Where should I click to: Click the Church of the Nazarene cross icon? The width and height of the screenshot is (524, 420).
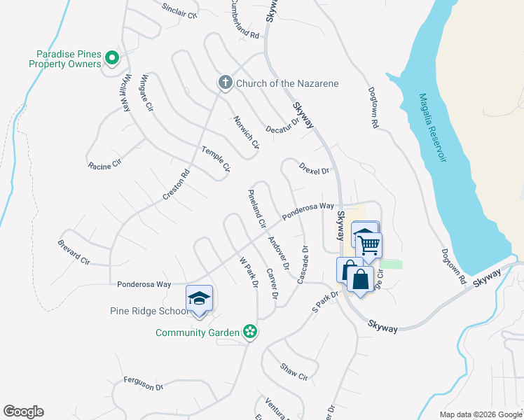pyautogui.click(x=226, y=83)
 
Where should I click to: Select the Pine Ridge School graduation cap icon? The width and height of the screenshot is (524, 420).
pyautogui.click(x=199, y=299)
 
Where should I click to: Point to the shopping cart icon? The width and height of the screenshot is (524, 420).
pyautogui.click(x=368, y=246)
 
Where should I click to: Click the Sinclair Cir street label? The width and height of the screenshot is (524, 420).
pyautogui.click(x=179, y=10)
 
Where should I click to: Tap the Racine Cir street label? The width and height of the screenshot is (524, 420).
pyautogui.click(x=104, y=166)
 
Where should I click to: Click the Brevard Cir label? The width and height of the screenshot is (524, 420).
pyautogui.click(x=74, y=252)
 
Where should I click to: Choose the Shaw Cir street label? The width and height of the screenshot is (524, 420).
pyautogui.click(x=294, y=372)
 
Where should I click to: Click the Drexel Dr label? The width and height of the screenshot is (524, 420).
pyautogui.click(x=314, y=169)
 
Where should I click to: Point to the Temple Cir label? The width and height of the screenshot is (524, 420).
pyautogui.click(x=216, y=159)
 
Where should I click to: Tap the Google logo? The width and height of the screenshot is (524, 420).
pyautogui.click(x=23, y=412)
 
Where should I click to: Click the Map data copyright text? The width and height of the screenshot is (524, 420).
pyautogui.click(x=481, y=414)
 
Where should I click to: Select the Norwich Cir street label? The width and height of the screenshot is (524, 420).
pyautogui.click(x=247, y=132)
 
